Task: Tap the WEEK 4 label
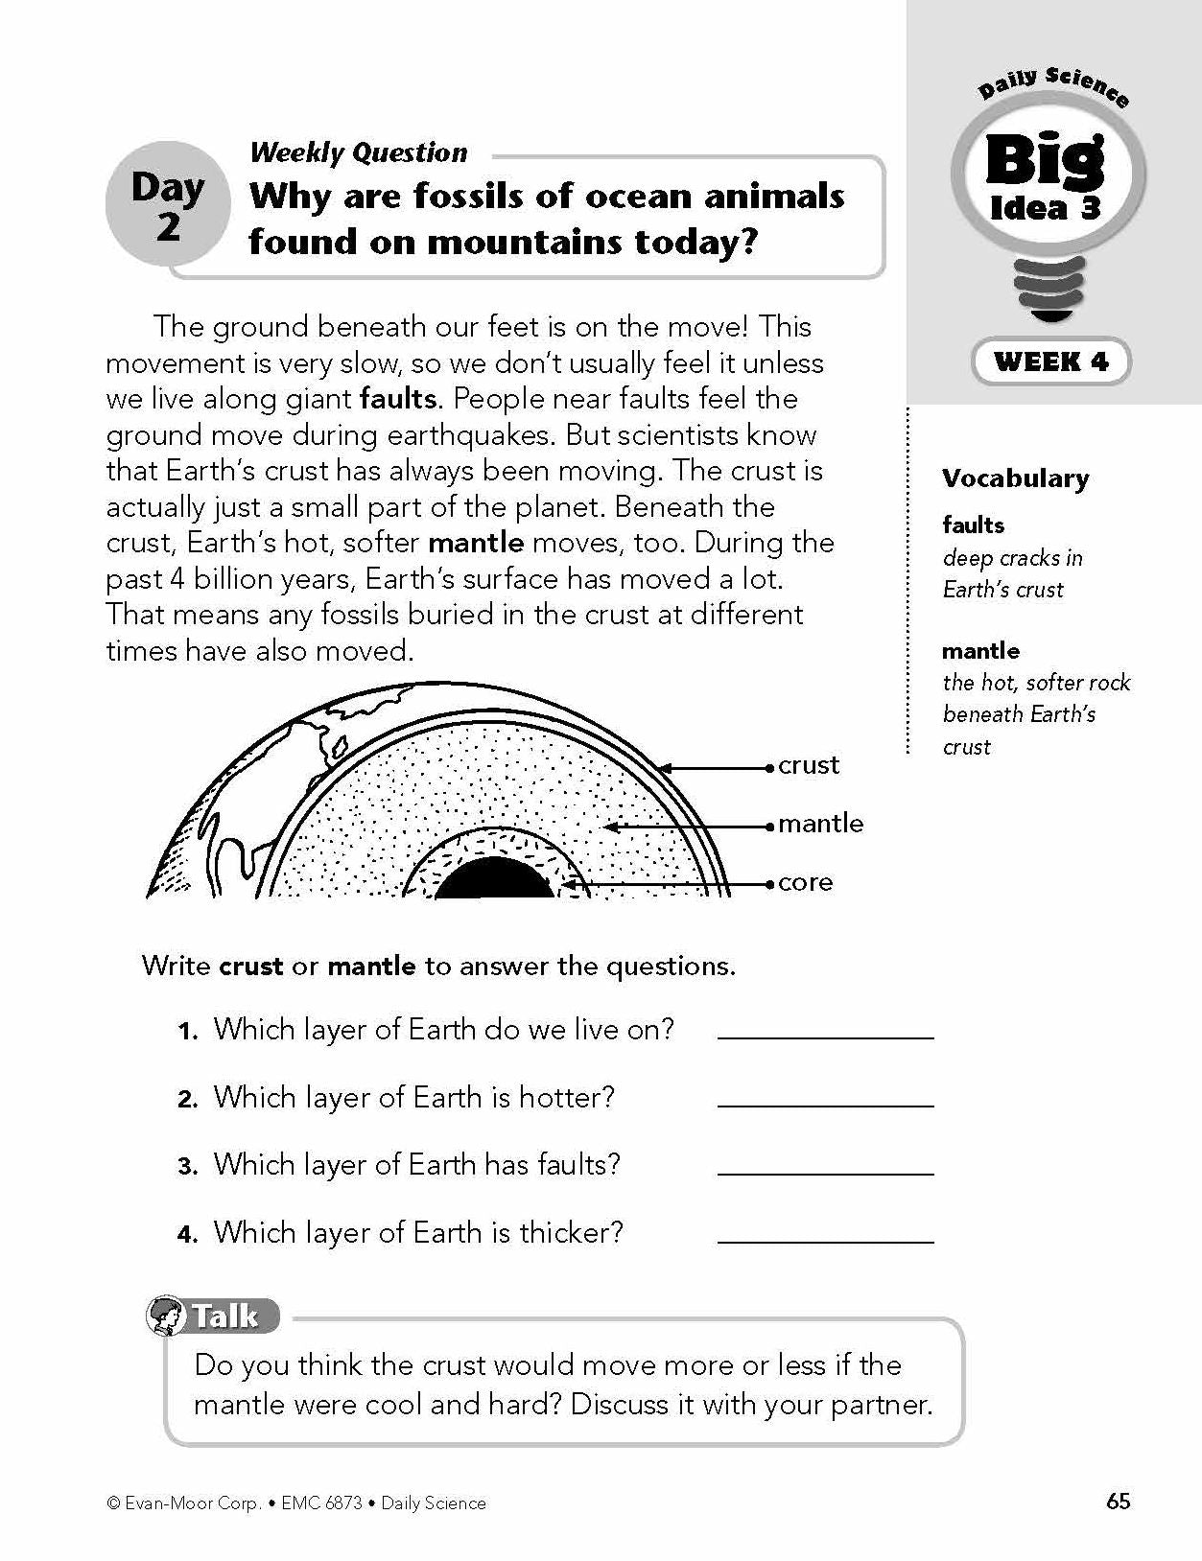(1051, 361)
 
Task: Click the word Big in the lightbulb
(1046, 160)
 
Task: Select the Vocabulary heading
(1015, 478)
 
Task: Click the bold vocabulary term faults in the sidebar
(973, 524)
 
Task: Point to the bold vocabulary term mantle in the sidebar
(980, 650)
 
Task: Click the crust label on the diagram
(809, 765)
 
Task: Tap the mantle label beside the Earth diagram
(820, 824)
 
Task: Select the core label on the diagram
(805, 882)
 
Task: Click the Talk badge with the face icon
(213, 1315)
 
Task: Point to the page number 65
(1118, 1502)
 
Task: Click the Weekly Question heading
(358, 151)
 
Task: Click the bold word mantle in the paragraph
(476, 543)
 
